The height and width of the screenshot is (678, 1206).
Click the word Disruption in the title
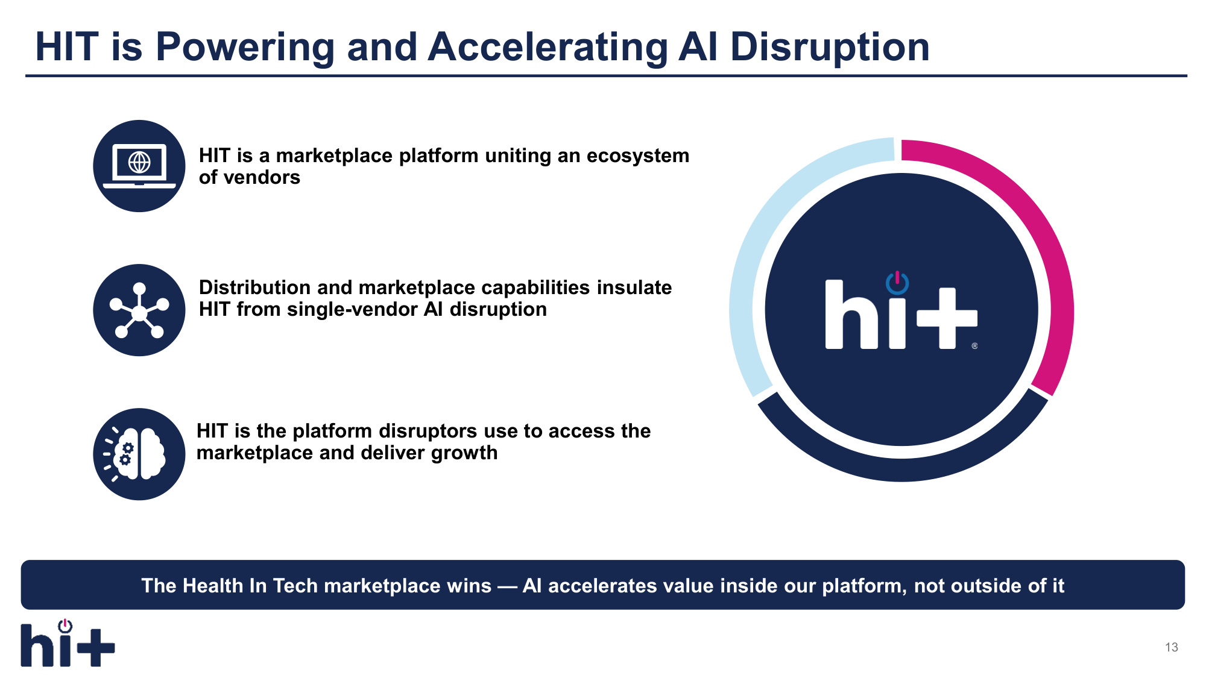[x=830, y=48]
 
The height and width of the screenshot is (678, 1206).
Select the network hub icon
[x=139, y=310]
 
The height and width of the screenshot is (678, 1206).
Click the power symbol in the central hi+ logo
[x=897, y=282]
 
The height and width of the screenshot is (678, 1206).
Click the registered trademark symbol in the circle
[x=974, y=346]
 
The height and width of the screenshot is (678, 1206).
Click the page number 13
[x=1171, y=647]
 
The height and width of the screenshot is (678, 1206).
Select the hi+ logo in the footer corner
[x=68, y=643]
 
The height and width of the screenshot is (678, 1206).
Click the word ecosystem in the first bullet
[x=638, y=156]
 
